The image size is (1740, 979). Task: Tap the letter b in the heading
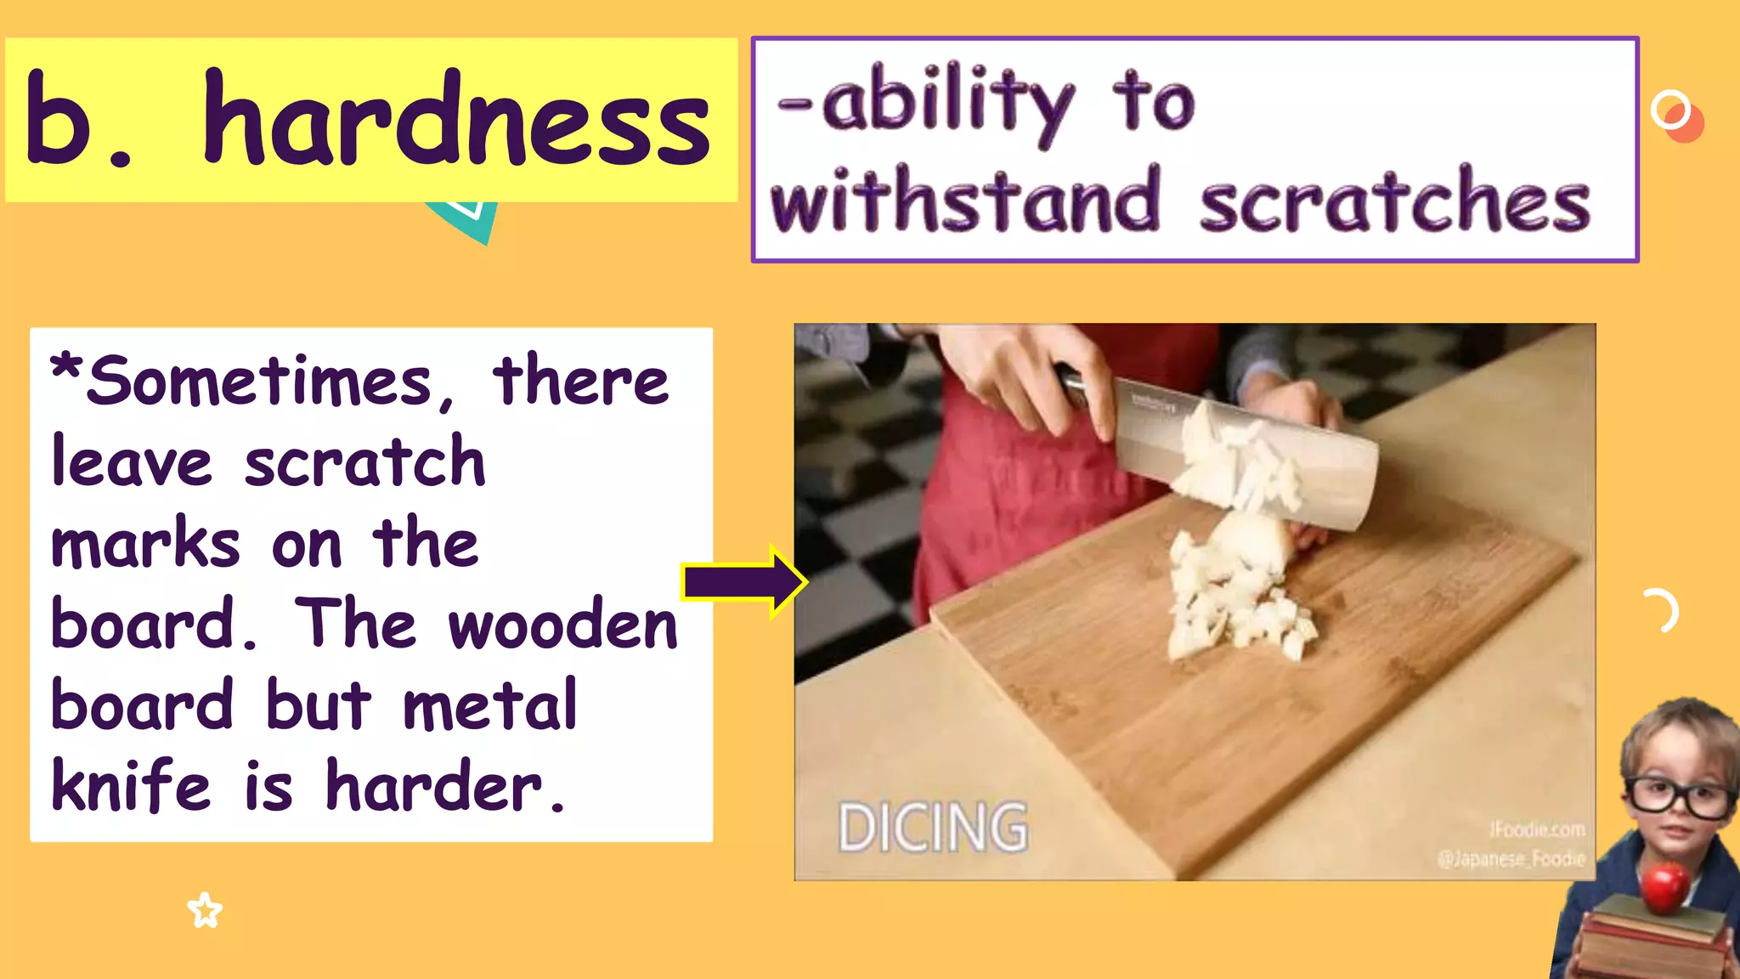[58, 119]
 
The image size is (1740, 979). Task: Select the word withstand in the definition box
[965, 201]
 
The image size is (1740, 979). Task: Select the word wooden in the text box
[562, 625]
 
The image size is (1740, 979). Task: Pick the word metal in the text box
[490, 705]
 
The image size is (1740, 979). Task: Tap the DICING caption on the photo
[932, 827]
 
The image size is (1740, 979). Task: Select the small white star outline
[205, 911]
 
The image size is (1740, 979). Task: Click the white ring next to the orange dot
[1669, 110]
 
